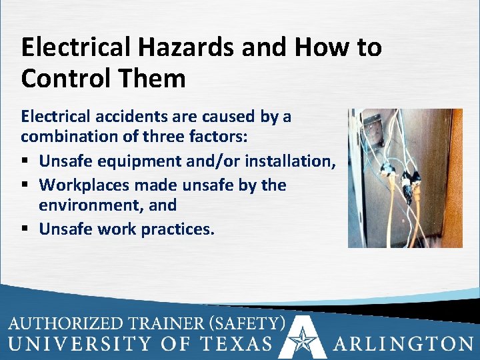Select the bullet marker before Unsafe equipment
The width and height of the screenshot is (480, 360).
[26, 162]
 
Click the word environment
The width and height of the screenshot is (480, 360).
[91, 207]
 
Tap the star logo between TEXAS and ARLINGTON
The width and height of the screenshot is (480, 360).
[303, 340]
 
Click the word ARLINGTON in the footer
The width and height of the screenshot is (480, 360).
[403, 343]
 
